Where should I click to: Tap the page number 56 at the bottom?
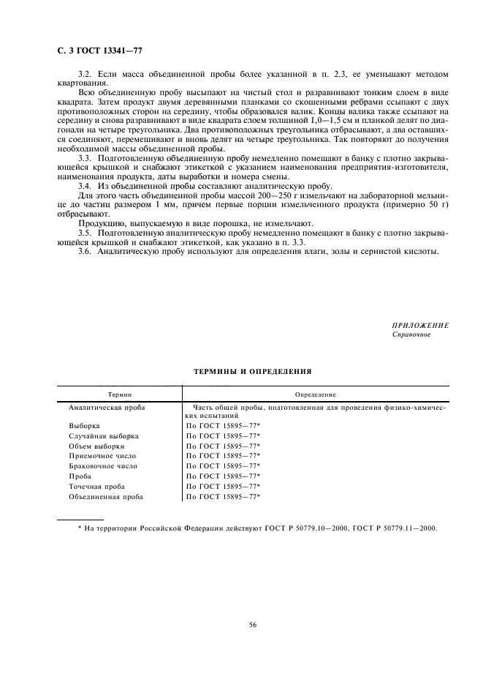252,624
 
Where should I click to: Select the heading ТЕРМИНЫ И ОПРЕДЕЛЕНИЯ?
252,371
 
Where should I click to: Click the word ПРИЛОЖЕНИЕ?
420,325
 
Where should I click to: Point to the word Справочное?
412,334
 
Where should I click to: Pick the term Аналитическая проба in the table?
106,406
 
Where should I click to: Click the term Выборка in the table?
84,425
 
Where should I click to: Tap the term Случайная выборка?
103,435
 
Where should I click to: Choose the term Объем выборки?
96,446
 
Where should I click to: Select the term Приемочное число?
102,456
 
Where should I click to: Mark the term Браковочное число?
103,466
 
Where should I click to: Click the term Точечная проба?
96,486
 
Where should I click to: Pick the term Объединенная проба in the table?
105,496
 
